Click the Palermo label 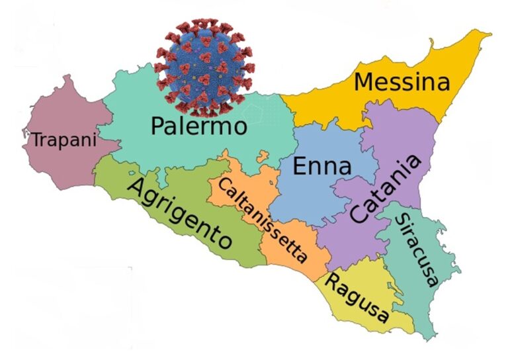tap(198, 125)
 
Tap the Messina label tap(402, 83)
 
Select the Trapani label tap(64, 140)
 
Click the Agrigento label tap(179, 212)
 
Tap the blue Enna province tap(304, 199)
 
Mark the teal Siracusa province tap(430, 291)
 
